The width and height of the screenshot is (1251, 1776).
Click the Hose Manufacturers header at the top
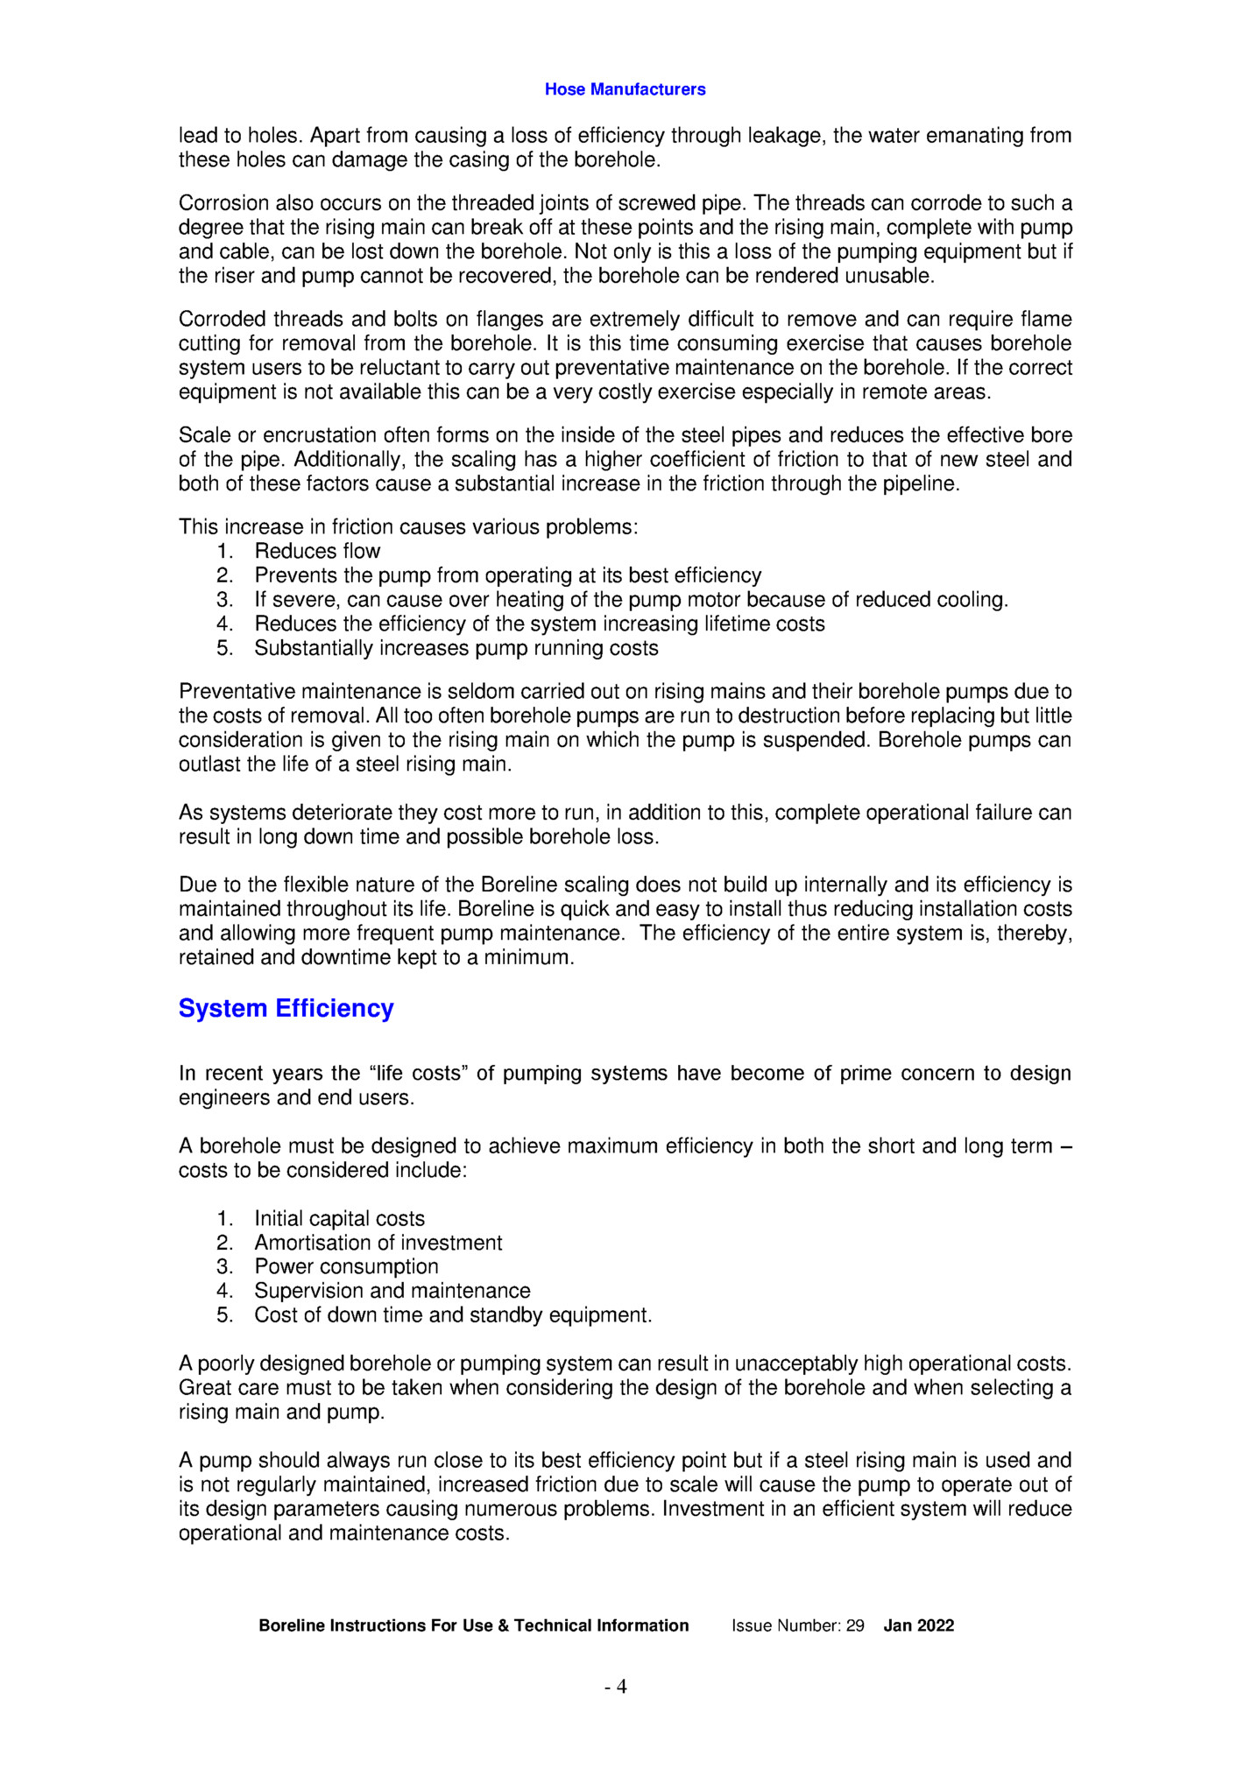point(625,89)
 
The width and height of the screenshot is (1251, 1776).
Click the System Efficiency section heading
point(286,1008)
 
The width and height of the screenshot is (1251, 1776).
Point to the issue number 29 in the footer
point(854,1625)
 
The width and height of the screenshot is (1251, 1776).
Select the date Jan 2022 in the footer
point(918,1625)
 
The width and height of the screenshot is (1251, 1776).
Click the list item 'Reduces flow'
point(317,551)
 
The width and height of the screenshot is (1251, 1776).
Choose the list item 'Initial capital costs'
point(339,1218)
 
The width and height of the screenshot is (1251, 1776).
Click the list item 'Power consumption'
point(346,1266)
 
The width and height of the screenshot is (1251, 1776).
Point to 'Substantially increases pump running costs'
point(456,648)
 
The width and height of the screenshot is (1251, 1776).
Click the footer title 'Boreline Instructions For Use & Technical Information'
point(473,1625)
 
